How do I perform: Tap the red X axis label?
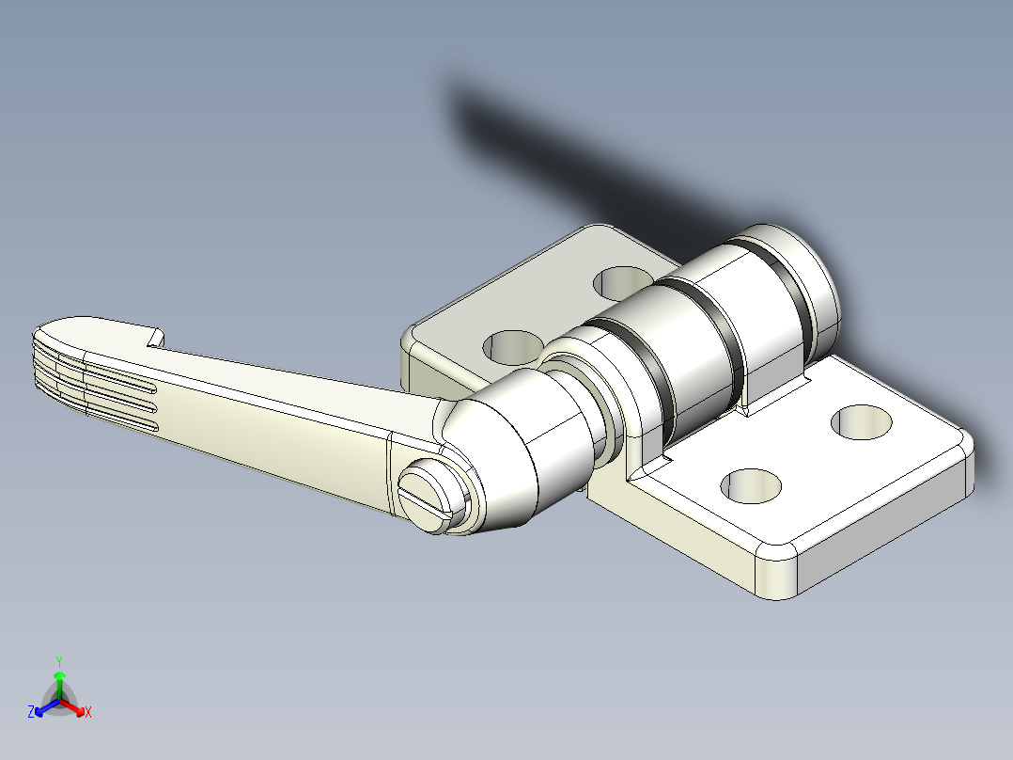[x=87, y=713]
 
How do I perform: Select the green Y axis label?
[x=58, y=660]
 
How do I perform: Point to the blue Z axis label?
[x=31, y=713]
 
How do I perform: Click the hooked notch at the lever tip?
[x=155, y=338]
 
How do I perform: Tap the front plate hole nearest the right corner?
[x=862, y=421]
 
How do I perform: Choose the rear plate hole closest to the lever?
[x=511, y=346]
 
